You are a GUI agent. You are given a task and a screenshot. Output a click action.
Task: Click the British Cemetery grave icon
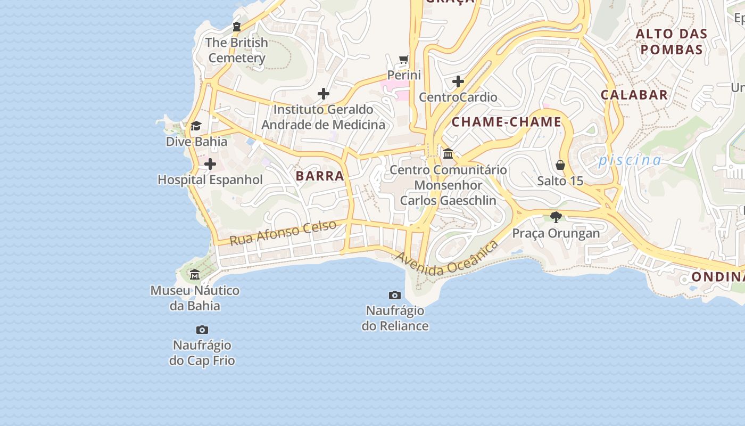237,27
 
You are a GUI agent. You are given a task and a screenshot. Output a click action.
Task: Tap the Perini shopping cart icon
404,59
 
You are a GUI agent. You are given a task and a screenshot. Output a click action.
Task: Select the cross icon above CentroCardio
458,81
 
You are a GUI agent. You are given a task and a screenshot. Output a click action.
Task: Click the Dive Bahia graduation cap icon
196,126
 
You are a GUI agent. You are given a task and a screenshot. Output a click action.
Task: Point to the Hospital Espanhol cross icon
210,164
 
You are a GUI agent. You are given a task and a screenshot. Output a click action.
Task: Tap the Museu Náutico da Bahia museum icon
195,275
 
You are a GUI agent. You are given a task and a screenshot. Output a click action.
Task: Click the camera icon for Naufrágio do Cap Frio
202,330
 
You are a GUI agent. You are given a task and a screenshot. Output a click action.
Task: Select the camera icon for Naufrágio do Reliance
395,295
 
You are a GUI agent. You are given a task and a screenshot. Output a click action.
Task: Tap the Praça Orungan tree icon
556,217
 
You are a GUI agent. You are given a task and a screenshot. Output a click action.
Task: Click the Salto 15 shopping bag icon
560,165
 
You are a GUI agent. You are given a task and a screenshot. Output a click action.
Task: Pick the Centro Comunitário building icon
448,154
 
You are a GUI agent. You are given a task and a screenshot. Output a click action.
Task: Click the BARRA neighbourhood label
320,176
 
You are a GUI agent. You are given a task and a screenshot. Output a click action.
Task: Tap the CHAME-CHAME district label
506,122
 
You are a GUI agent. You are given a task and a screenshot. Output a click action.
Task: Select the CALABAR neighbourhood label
634,95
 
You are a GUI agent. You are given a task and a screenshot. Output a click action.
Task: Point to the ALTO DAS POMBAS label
672,42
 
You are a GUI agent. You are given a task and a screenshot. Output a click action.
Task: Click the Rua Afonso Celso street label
283,232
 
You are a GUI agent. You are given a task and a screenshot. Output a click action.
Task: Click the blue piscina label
630,160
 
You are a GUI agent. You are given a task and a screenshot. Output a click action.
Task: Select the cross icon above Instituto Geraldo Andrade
324,94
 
